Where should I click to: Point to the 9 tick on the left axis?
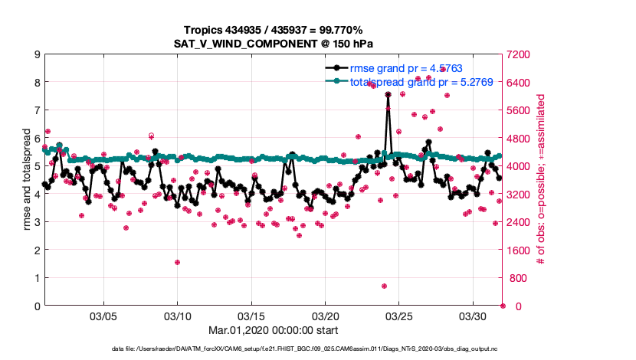tap(36, 54)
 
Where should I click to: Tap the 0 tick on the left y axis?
tap(36, 306)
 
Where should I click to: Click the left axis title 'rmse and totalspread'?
tap(26, 181)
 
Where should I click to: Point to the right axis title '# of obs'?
tap(540, 181)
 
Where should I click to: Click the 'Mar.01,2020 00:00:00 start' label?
tap(274, 330)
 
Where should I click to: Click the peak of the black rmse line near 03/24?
tap(388, 94)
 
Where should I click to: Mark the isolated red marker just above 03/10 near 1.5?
tap(177, 262)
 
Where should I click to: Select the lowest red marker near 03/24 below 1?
tap(384, 286)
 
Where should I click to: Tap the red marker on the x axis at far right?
tap(503, 306)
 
